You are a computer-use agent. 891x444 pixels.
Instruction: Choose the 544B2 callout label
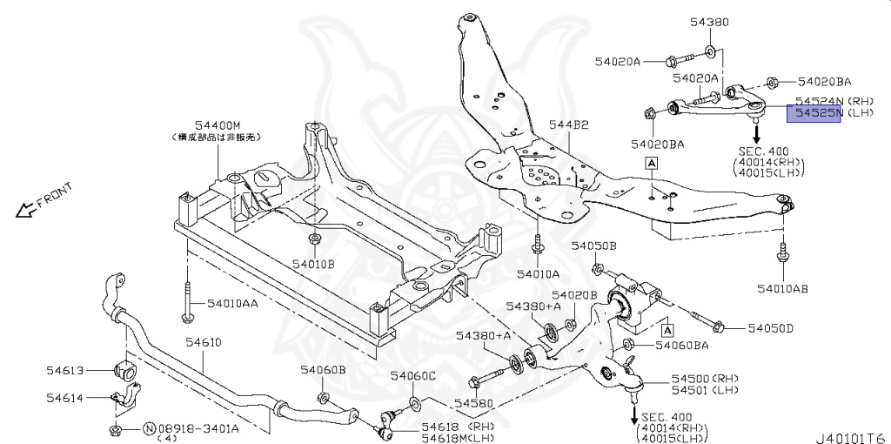point(568,125)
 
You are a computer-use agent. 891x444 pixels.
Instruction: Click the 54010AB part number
point(782,287)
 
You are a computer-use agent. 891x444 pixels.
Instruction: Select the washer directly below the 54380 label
point(711,51)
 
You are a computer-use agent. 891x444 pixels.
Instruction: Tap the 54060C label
point(412,375)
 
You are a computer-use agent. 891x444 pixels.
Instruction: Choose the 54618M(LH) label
point(458,438)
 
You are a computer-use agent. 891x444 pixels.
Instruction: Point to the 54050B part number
point(593,246)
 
